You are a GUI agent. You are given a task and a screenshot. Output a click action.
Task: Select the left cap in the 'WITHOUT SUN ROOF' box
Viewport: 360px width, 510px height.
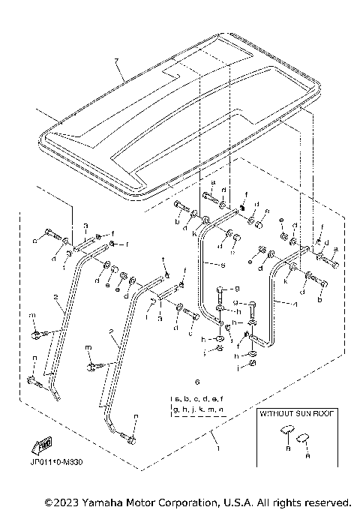pyautogui.click(x=285, y=430)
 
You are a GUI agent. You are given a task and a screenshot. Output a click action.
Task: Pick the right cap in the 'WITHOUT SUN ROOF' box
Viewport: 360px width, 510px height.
pyautogui.click(x=305, y=437)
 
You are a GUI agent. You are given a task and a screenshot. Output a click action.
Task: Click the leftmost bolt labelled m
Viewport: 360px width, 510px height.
pyautogui.click(x=36, y=334)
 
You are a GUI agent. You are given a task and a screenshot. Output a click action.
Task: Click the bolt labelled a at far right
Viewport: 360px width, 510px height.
pyautogui.click(x=331, y=263)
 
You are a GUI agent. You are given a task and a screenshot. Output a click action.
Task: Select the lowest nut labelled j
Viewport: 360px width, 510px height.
pyautogui.click(x=253, y=363)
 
